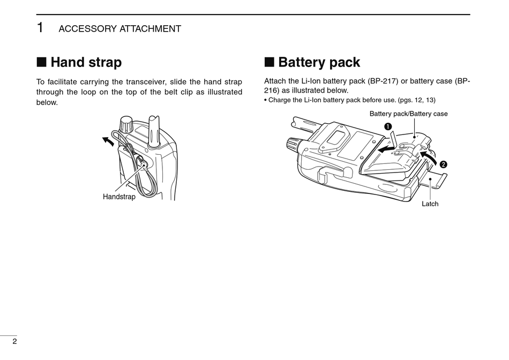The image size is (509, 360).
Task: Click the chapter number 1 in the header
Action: click(40, 28)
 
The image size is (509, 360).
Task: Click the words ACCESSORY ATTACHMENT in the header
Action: click(119, 29)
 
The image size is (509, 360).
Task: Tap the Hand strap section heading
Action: click(86, 62)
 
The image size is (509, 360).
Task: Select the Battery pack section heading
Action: click(319, 62)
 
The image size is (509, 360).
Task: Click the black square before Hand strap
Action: click(41, 62)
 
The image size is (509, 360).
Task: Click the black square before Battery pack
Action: click(269, 62)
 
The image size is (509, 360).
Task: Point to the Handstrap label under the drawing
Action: click(119, 197)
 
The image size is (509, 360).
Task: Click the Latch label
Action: click(430, 204)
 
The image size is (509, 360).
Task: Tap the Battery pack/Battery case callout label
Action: click(408, 114)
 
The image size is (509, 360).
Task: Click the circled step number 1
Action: click(388, 126)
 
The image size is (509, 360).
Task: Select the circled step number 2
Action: click(444, 163)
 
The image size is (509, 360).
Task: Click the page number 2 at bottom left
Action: click(14, 341)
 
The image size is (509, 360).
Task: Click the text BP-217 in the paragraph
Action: click(383, 81)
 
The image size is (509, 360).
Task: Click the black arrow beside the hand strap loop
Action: click(108, 141)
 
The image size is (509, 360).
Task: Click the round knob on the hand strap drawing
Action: click(126, 125)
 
